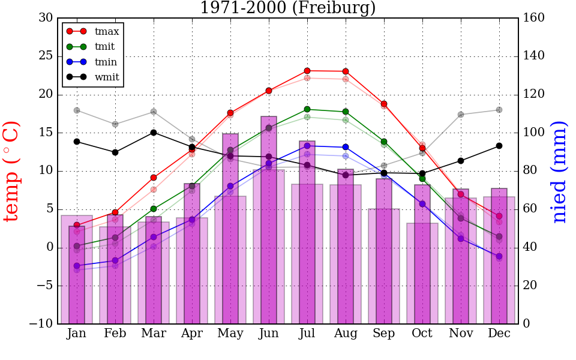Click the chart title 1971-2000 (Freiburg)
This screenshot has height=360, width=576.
tap(287, 8)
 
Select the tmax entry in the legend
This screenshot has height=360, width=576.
tap(107, 31)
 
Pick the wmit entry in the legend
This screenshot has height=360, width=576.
tap(107, 77)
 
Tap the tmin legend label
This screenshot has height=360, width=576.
tap(106, 62)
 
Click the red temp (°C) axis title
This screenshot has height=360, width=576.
tap(12, 171)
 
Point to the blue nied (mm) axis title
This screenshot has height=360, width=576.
tap(559, 172)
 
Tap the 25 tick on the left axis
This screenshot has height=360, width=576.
tap(46, 56)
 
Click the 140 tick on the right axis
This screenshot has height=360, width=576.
tap(534, 56)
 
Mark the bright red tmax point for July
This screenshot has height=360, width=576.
tap(307, 71)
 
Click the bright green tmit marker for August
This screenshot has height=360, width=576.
tap(346, 112)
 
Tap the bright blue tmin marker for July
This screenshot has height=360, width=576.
tap(307, 146)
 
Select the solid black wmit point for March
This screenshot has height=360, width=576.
tap(154, 133)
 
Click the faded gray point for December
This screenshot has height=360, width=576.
tap(499, 110)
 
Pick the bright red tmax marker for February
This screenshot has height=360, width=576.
tap(115, 212)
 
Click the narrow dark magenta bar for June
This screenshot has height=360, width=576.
tap(269, 220)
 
